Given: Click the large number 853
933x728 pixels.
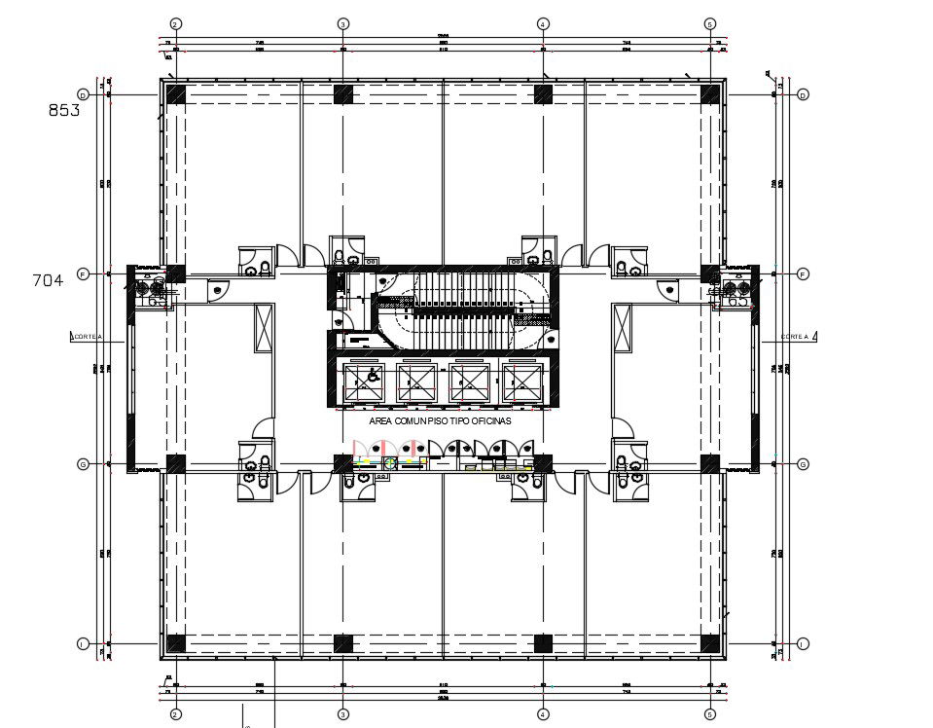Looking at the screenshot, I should [64, 110].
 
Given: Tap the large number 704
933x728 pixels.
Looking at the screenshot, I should [48, 280].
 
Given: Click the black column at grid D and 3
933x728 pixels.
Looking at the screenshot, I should [343, 94].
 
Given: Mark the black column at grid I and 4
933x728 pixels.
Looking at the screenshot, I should [543, 643].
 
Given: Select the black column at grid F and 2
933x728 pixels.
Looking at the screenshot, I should [176, 274].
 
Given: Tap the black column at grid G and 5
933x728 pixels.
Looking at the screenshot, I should [711, 464].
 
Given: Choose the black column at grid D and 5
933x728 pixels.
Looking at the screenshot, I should [711, 94].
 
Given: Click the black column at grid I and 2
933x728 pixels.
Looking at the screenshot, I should [176, 643].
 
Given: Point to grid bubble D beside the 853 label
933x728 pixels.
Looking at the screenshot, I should [84, 94].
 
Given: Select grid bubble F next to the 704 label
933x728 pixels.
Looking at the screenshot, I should [84, 274].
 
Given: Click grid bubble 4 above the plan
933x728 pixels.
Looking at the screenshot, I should [543, 23].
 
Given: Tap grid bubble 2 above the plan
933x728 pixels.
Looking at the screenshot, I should [176, 23].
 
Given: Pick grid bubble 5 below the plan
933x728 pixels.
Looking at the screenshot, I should [711, 714].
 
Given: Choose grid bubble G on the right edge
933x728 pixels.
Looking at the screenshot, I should [804, 464].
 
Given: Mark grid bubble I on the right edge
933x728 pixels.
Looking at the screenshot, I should [804, 643].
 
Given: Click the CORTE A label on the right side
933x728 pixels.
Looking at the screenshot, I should [795, 337].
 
